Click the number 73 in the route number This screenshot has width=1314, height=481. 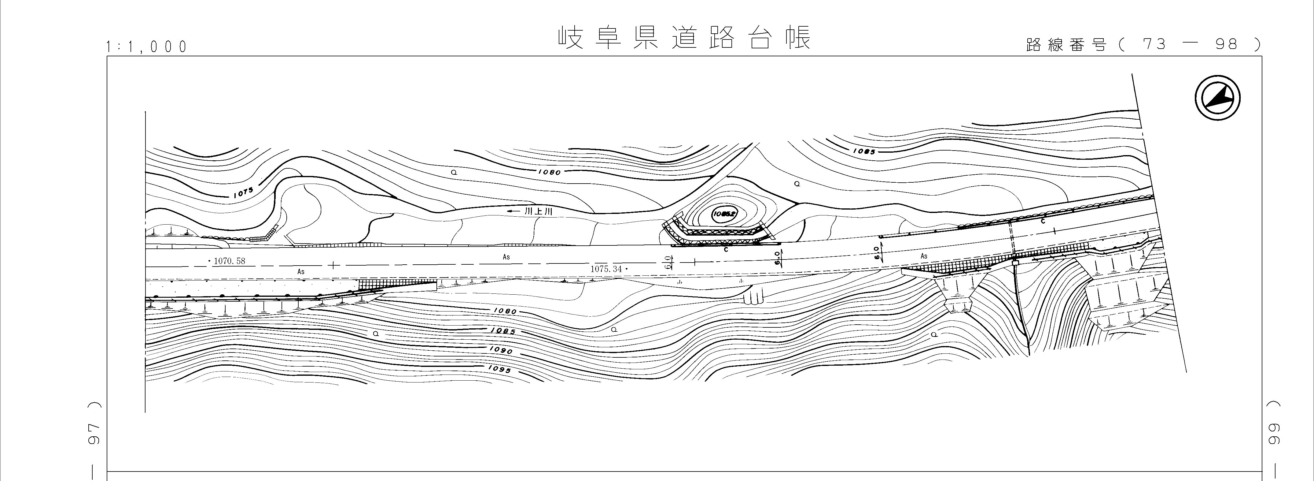click(x=1154, y=44)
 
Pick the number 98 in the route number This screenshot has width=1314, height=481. click(x=1226, y=44)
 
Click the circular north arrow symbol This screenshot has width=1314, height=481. click(x=1218, y=98)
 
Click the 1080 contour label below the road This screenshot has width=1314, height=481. click(x=505, y=311)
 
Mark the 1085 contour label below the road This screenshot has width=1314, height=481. click(x=503, y=331)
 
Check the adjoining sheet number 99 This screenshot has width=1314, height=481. click(x=1274, y=433)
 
